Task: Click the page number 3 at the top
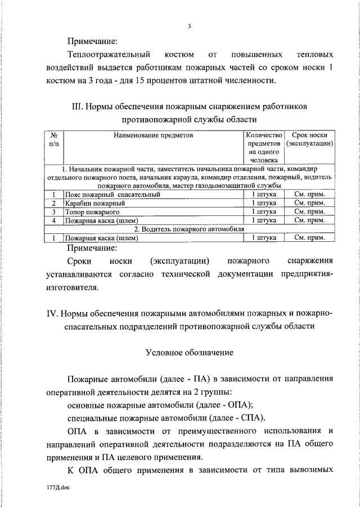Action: click(x=190, y=26)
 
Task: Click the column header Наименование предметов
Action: click(x=153, y=136)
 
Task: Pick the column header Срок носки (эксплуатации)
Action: click(x=310, y=139)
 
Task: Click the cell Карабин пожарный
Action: click(x=94, y=203)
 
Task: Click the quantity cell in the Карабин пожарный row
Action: click(x=263, y=203)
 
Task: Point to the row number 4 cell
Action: click(x=55, y=220)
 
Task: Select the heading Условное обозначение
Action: click(x=190, y=353)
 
